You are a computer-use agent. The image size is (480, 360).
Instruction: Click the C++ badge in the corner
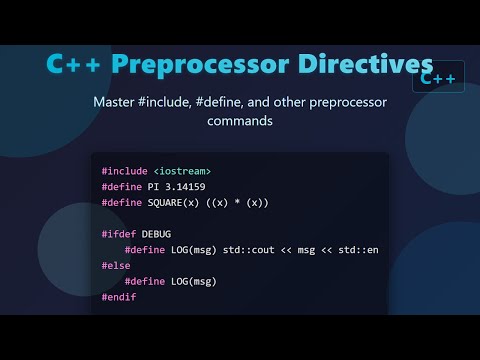click(438, 76)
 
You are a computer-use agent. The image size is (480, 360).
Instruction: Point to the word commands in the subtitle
click(240, 121)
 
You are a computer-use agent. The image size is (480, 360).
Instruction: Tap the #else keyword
click(115, 265)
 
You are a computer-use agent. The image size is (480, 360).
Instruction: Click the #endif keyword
click(118, 296)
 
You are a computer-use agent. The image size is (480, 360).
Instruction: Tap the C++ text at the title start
click(75, 64)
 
